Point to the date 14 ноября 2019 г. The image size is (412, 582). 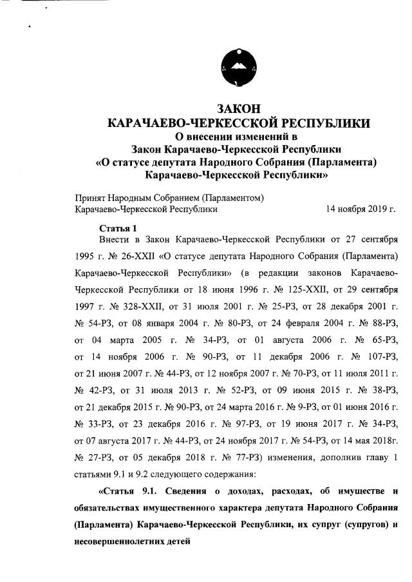coord(361,209)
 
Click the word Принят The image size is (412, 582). coord(90,197)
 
